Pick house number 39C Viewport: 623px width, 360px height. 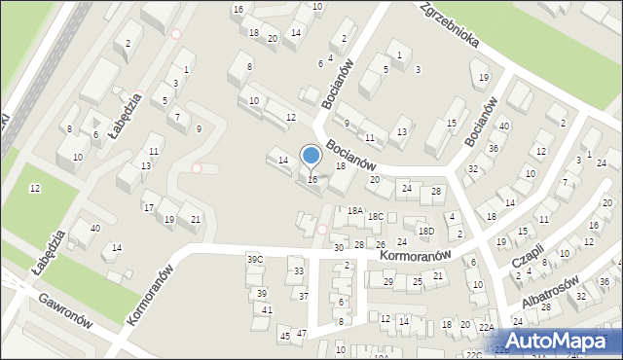(255, 260)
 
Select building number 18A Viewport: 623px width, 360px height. (355, 210)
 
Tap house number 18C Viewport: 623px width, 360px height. (376, 217)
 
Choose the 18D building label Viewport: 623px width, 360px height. (426, 231)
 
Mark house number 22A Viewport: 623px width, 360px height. (487, 328)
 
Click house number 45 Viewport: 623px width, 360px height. (285, 336)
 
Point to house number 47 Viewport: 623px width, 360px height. (302, 334)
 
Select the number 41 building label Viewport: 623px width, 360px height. (267, 309)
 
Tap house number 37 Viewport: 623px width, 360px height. (303, 296)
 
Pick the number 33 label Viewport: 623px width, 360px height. (299, 271)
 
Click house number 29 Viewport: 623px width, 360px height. (388, 282)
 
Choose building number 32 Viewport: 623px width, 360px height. (473, 169)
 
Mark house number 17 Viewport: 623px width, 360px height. (149, 207)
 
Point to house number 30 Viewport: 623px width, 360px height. (339, 248)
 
